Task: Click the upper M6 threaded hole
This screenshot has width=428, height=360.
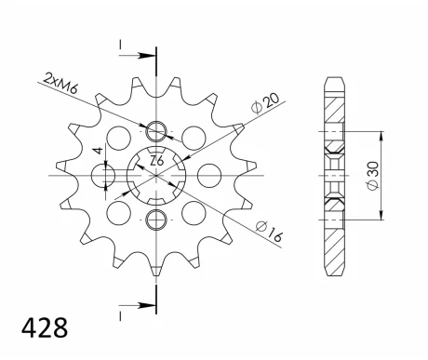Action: coord(156,129)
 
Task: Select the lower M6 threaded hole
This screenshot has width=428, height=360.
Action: coord(156,220)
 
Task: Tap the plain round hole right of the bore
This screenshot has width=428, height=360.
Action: coord(208,175)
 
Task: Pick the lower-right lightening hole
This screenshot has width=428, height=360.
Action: coord(194,213)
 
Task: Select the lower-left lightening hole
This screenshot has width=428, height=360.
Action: coord(118,213)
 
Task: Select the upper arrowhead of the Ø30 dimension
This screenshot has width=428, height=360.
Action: coord(380,129)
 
